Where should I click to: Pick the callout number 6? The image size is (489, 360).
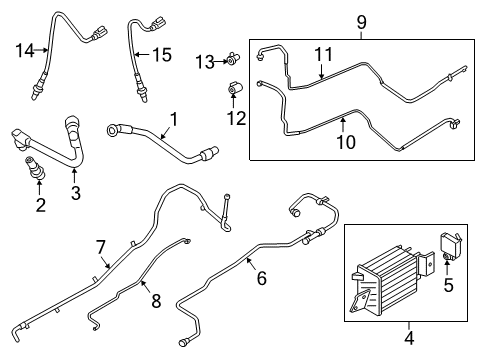click(261, 279)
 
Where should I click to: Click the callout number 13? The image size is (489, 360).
click(206, 62)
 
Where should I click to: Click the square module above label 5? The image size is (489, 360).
click(448, 244)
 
